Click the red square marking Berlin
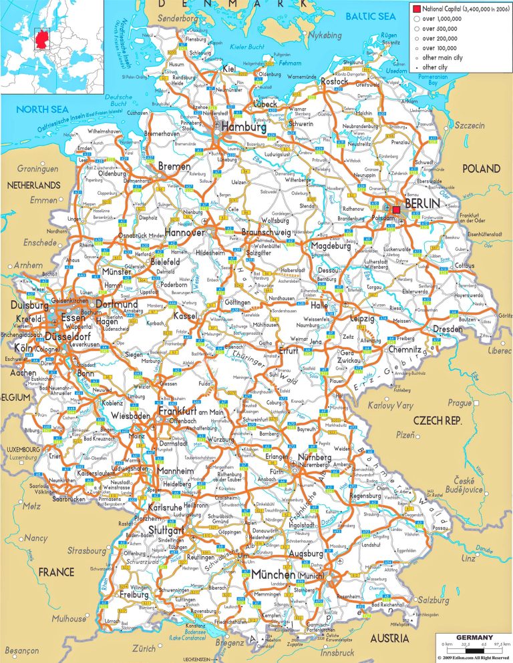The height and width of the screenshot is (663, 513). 397,209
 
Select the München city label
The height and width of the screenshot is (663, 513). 273,574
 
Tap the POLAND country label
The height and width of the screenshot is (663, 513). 481,168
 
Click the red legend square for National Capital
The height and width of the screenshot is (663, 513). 416,9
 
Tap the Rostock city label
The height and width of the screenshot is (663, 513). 334,81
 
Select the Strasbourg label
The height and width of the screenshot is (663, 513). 87,551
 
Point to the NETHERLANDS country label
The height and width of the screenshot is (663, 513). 33,185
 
